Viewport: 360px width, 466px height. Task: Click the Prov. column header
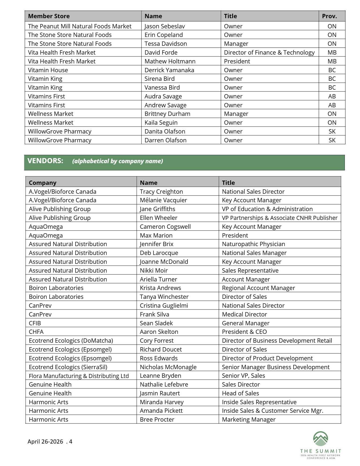329,16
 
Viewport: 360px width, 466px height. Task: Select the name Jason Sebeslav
164,26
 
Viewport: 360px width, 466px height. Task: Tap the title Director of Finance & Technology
269,52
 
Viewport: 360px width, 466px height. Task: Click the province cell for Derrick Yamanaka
332,70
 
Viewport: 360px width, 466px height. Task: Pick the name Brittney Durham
167,114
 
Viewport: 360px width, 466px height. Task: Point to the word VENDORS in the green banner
45,161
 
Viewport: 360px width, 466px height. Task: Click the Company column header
43,183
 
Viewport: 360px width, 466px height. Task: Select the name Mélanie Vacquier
163,200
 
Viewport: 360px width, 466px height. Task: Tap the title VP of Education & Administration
267,209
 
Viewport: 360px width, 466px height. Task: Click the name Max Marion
156,235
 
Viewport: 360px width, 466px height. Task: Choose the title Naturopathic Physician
253,244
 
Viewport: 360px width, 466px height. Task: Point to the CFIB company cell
35,323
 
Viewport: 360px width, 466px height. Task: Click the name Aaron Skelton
159,332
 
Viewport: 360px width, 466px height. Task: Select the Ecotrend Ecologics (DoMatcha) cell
71,341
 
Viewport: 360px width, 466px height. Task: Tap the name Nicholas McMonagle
168,367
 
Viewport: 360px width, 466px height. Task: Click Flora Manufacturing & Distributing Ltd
79,376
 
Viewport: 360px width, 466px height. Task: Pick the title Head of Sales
240,393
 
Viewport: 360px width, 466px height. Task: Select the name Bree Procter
157,419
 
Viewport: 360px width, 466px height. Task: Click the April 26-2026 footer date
45,441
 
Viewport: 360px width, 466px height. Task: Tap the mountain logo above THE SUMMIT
320,439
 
